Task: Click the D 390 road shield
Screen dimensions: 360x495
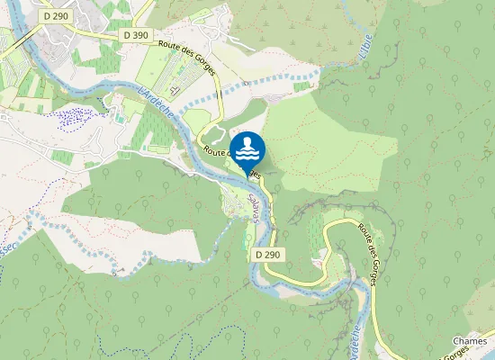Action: point(136,34)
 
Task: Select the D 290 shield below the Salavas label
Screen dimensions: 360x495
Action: point(267,255)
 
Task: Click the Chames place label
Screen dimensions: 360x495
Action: point(470,341)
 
